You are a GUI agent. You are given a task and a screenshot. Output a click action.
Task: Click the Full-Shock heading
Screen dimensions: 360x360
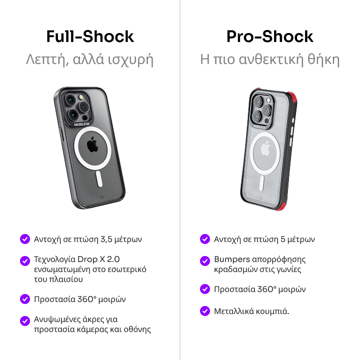90,36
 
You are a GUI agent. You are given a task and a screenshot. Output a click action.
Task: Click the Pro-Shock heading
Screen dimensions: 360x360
270,36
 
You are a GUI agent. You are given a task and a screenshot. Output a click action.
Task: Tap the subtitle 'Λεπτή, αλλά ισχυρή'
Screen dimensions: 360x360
89,59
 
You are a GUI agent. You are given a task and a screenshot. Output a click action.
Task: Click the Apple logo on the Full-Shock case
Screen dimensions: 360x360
92,144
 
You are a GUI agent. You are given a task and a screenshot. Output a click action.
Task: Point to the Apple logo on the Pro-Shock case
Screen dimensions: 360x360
265,149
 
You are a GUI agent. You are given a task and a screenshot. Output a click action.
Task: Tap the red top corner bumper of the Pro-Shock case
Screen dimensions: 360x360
292,97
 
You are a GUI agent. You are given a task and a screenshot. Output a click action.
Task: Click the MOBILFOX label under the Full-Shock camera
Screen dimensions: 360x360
81,124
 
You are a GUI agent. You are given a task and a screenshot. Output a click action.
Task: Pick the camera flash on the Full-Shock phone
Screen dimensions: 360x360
81,97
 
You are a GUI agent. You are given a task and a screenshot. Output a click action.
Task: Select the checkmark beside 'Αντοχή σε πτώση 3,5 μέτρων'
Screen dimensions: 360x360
25,239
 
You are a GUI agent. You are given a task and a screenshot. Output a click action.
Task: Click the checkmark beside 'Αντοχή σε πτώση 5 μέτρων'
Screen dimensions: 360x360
205,239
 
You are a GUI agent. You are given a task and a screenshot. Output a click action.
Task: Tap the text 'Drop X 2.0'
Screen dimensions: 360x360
98,259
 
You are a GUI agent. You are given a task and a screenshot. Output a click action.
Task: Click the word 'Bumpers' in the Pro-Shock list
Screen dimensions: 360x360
232,259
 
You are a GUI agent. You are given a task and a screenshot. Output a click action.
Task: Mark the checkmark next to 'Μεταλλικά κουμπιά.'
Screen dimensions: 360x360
205,311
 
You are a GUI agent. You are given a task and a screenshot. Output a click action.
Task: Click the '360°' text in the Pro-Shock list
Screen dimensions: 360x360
266,289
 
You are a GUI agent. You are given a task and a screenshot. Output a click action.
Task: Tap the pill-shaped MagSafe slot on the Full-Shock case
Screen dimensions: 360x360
99,178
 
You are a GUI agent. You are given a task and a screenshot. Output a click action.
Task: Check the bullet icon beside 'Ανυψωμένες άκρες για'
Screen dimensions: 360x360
25,321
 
